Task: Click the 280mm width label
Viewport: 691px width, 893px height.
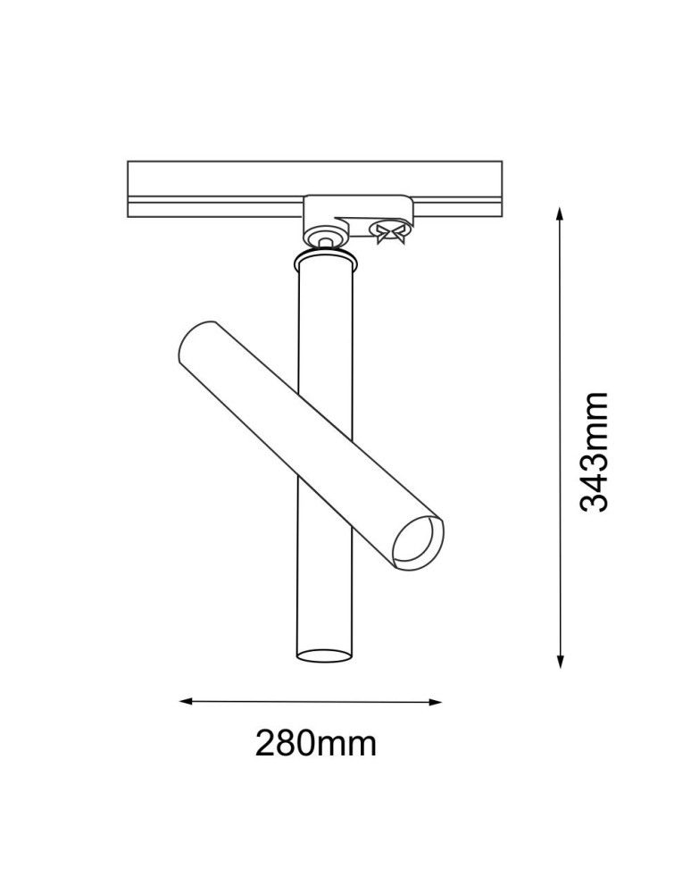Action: tap(315, 743)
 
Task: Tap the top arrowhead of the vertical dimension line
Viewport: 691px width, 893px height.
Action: tap(560, 213)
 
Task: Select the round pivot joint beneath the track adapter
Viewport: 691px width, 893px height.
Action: tap(325, 236)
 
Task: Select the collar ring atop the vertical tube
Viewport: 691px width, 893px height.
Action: tap(325, 260)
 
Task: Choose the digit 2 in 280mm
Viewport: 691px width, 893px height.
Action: tap(267, 743)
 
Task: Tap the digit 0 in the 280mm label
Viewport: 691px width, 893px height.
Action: tap(312, 743)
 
